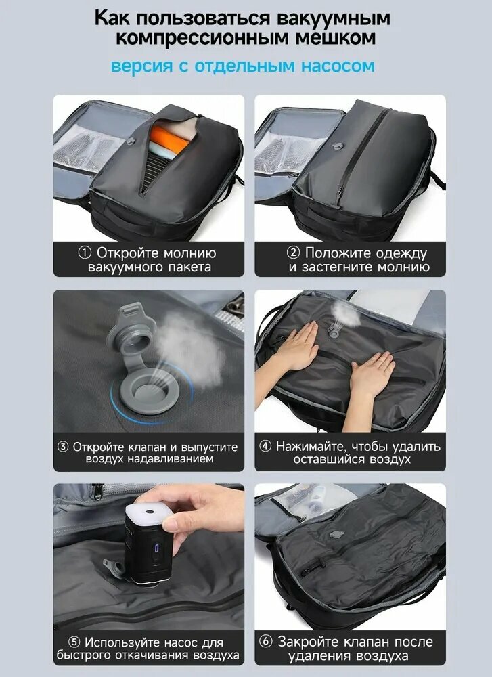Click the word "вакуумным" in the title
pyautogui.click(x=333, y=18)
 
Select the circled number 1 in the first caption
pyautogui.click(x=85, y=253)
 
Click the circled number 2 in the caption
pyautogui.click(x=293, y=253)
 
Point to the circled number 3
pyautogui.click(x=63, y=447)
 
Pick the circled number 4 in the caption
pyautogui.click(x=265, y=446)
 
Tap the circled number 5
pyautogui.click(x=74, y=642)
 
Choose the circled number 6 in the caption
pyautogui.click(x=265, y=642)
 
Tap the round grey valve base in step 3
pyautogui.click(x=149, y=391)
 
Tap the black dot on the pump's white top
pyautogui.click(x=150, y=511)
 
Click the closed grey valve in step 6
pyautogui.click(x=336, y=534)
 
